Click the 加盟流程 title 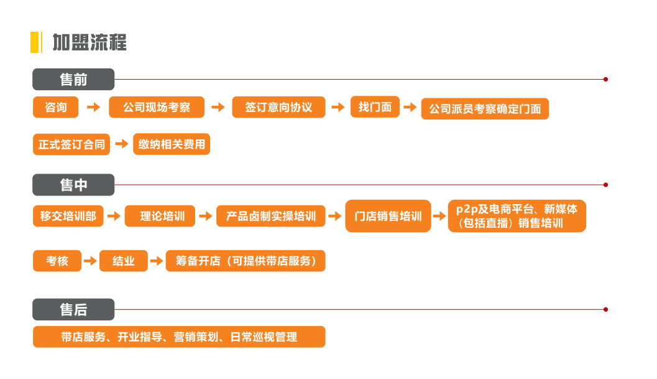click(90, 42)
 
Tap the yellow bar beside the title click(35, 42)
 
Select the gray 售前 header click(73, 80)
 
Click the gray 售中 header click(73, 185)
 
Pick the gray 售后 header click(73, 309)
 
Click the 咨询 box click(56, 108)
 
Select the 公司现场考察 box click(157, 108)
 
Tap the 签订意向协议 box click(278, 108)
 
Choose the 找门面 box click(375, 107)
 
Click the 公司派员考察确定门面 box click(485, 109)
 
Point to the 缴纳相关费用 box click(172, 144)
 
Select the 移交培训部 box click(68, 216)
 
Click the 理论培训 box click(160, 216)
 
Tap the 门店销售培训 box click(388, 216)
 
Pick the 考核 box click(57, 261)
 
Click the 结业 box click(124, 261)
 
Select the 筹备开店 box click(246, 261)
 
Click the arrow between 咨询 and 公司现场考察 click(93, 108)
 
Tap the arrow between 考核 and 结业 click(90, 261)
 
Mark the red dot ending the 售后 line click(605, 309)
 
